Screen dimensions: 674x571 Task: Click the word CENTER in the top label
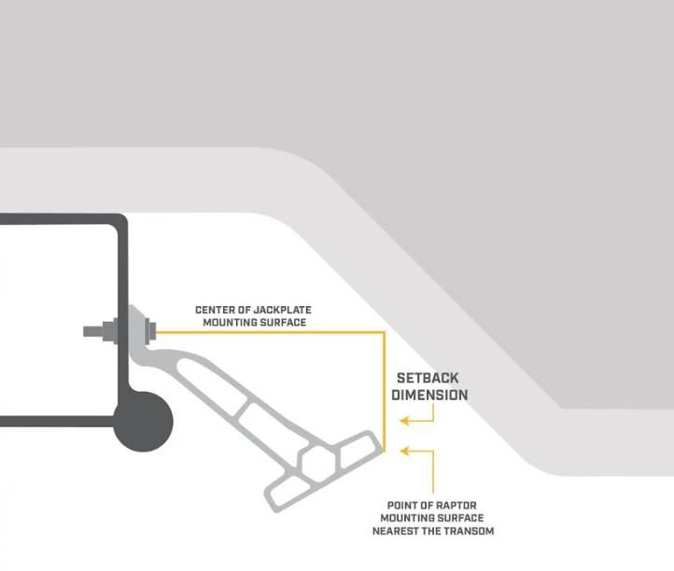tap(215, 310)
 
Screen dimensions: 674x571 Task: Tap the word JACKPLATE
tap(276, 310)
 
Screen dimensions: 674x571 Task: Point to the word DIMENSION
tap(429, 395)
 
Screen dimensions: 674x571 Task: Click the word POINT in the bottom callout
tap(403, 506)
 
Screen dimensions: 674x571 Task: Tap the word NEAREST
tap(397, 531)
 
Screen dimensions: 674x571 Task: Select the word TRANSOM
tap(469, 531)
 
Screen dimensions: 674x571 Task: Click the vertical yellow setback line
tap(384, 392)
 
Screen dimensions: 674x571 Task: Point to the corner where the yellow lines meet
tap(384, 332)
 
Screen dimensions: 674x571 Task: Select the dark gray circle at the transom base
tap(144, 421)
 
